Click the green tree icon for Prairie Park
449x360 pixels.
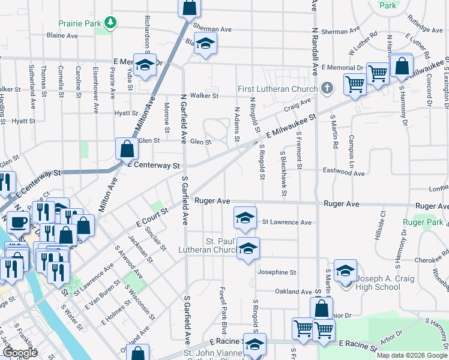110,23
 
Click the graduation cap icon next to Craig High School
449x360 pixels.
345,272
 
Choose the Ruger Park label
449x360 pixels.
423,222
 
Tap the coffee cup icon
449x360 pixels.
18,222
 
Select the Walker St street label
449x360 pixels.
204,95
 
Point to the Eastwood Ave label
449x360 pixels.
343,174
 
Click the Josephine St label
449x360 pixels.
277,272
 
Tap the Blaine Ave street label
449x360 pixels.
62,35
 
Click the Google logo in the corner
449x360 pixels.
20,352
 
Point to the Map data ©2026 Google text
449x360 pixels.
411,355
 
